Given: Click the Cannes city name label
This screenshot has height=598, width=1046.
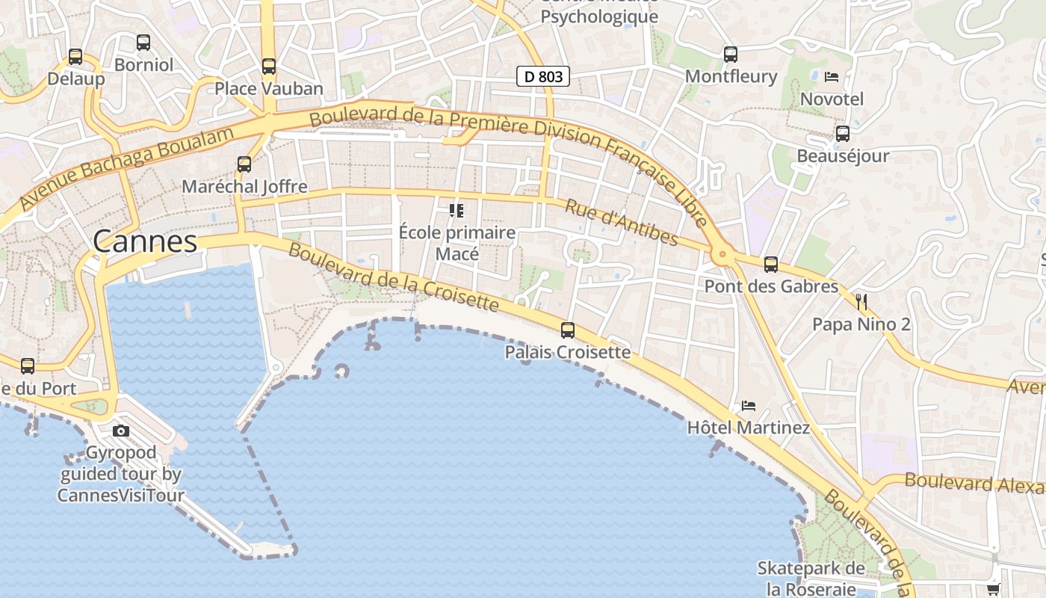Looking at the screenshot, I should [145, 241].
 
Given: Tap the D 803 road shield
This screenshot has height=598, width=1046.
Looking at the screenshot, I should [543, 75].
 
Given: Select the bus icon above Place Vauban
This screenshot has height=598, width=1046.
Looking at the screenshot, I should [269, 67].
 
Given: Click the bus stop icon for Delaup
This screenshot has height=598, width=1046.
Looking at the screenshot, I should [75, 57].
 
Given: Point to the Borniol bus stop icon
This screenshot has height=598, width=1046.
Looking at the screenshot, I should [143, 43].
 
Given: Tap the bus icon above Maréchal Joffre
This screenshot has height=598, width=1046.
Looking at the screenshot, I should [244, 164].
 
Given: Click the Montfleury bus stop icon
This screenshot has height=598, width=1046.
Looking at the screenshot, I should [731, 55].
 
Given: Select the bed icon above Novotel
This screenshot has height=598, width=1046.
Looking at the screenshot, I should [832, 77].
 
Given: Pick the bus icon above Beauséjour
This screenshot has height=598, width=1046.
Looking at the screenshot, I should [843, 134].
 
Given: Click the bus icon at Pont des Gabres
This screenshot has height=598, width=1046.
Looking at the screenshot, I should [771, 265].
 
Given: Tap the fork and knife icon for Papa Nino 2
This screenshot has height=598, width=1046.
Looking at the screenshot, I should [861, 302].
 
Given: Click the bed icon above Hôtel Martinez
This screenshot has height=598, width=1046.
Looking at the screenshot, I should [749, 406].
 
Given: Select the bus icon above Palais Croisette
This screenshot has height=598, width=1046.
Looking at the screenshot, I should [568, 330].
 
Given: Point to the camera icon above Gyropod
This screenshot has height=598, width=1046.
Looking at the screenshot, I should [121, 431].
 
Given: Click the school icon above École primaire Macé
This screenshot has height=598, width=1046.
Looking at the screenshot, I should [457, 211].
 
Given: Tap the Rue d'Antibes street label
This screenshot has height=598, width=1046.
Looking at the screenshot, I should [621, 223].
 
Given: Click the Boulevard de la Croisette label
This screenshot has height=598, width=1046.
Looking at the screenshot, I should [393, 277].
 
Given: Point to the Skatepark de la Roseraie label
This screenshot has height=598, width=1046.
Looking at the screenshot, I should [811, 579].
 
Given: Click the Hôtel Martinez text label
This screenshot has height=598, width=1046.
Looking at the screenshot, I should [748, 428].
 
